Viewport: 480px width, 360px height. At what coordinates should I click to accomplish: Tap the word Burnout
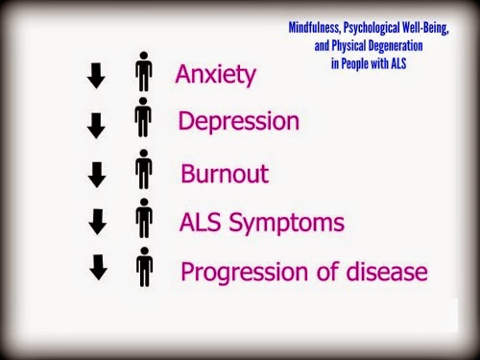[x=224, y=175]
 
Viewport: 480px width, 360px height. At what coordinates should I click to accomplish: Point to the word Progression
[x=237, y=273]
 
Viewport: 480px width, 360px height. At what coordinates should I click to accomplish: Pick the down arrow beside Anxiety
[x=96, y=76]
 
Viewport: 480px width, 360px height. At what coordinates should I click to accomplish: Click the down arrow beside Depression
[x=96, y=126]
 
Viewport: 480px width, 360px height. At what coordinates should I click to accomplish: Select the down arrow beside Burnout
[x=96, y=174]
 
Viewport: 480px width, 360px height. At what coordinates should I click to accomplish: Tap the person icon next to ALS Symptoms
[x=144, y=220]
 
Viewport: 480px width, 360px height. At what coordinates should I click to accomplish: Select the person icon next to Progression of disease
[x=144, y=267]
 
